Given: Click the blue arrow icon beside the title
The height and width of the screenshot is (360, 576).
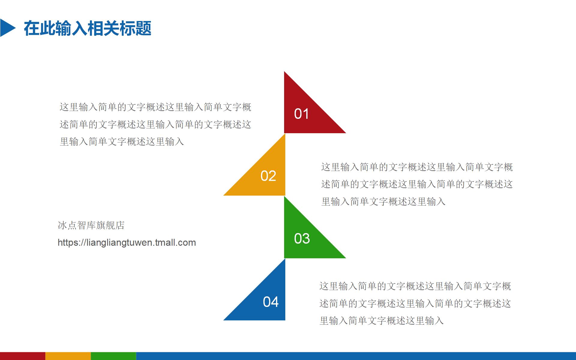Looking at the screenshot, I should click(x=7, y=28).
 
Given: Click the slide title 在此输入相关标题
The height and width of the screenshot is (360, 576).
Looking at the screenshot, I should click(x=87, y=28).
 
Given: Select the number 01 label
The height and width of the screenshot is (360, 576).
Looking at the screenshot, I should click(x=301, y=114).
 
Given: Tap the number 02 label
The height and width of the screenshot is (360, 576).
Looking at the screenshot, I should click(x=268, y=176).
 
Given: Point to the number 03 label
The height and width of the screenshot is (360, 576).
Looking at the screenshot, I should click(x=302, y=239).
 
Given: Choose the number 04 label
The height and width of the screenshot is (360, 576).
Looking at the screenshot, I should click(x=271, y=302).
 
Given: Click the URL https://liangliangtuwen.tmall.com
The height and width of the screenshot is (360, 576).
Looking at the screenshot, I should click(x=127, y=242).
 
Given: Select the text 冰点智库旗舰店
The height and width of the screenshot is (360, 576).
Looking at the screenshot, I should click(x=91, y=225).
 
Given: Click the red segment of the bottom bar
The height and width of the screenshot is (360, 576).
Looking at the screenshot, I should click(x=22, y=356).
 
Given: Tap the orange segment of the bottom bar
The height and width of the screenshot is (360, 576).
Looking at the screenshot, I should click(x=68, y=356).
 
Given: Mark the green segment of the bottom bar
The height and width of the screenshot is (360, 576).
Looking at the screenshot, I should click(x=113, y=356).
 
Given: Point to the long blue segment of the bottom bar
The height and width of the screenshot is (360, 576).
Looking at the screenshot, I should click(x=356, y=356).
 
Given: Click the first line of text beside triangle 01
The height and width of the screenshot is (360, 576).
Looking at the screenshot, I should click(x=155, y=107).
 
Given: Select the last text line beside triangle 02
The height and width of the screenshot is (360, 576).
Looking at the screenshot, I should click(x=383, y=202).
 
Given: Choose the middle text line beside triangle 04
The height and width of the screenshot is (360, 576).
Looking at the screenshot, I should click(x=415, y=304).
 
